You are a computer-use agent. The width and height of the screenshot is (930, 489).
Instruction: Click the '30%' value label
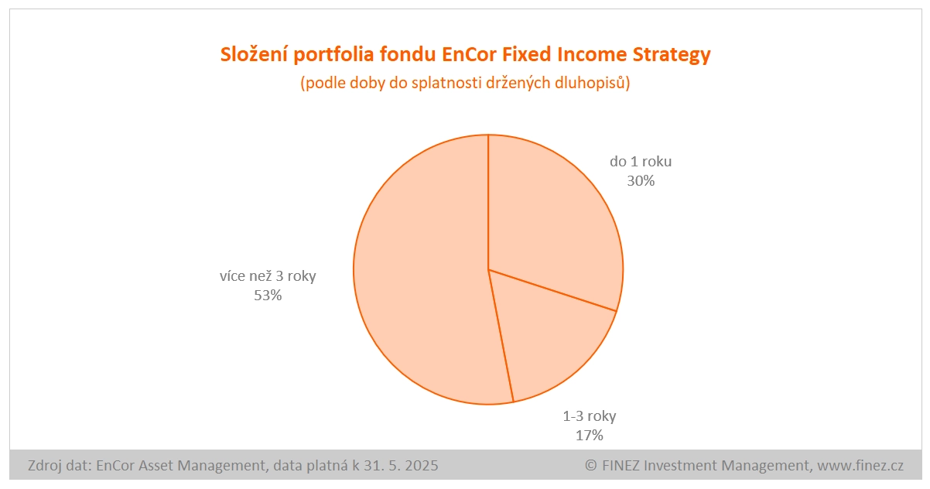tap(641, 181)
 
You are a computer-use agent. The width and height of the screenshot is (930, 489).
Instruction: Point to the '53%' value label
tap(268, 296)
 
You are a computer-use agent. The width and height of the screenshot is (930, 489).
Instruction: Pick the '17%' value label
tap(589, 436)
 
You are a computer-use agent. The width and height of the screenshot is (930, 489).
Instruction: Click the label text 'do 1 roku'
tap(641, 162)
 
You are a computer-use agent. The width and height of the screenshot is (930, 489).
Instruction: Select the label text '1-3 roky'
tap(589, 416)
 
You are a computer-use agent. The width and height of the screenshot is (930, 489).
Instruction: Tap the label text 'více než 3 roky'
tap(268, 276)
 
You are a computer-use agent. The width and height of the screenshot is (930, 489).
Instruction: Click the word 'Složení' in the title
tap(254, 54)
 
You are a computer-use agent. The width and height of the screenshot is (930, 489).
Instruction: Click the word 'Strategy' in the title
tap(672, 55)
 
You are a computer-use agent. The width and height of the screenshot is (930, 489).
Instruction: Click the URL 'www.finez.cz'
tap(860, 466)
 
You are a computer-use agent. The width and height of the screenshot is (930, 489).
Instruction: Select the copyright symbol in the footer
tap(591, 466)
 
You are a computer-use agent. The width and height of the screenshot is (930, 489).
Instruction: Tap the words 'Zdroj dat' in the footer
tap(59, 466)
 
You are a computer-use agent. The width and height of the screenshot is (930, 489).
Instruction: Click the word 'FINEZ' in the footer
tap(621, 466)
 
